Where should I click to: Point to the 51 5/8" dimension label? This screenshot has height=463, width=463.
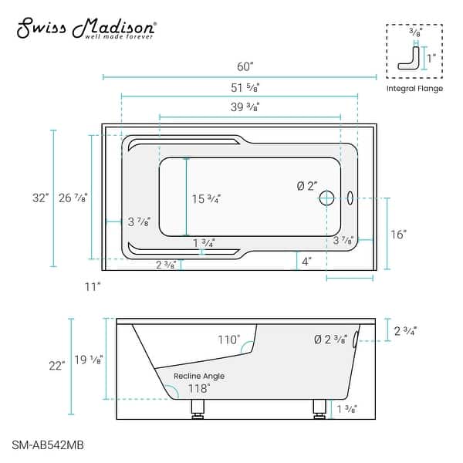tap(239, 86)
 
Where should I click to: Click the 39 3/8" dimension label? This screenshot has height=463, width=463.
tap(239, 107)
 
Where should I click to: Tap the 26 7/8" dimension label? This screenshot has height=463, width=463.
tap(76, 198)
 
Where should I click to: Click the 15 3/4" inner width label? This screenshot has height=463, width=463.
tap(206, 198)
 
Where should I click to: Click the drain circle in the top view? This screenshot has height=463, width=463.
tap(327, 198)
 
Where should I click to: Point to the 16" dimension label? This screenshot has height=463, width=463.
tap(397, 234)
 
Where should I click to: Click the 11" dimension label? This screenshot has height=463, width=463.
tap(93, 286)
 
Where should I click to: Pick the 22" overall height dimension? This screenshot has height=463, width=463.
tap(57, 366)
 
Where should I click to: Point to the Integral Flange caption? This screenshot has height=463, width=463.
tap(414, 89)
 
